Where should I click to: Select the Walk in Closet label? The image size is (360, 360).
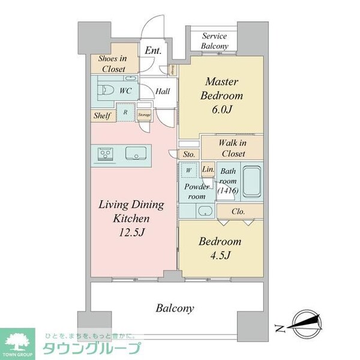[x=231, y=148]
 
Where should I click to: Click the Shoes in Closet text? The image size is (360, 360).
[x=112, y=64]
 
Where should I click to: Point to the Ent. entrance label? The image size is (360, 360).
[x=152, y=52]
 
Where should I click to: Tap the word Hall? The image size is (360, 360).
[x=163, y=91]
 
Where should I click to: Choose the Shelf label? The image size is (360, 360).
[x=101, y=116]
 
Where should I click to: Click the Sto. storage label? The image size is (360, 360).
[x=189, y=154]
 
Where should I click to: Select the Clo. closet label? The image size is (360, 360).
[x=238, y=211]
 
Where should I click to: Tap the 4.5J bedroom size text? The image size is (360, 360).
[x=220, y=257]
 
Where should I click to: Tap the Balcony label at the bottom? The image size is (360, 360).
[x=175, y=308]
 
